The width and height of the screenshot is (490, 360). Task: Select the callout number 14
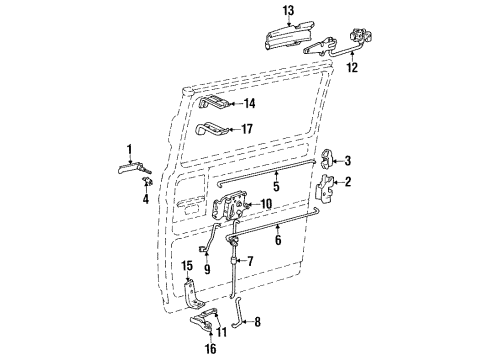248,102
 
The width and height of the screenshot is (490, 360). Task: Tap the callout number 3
348,160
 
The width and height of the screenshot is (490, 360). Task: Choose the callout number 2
348,181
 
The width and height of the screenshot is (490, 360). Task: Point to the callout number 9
207,268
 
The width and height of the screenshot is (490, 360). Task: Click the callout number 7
250,261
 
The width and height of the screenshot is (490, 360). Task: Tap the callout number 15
186,266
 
